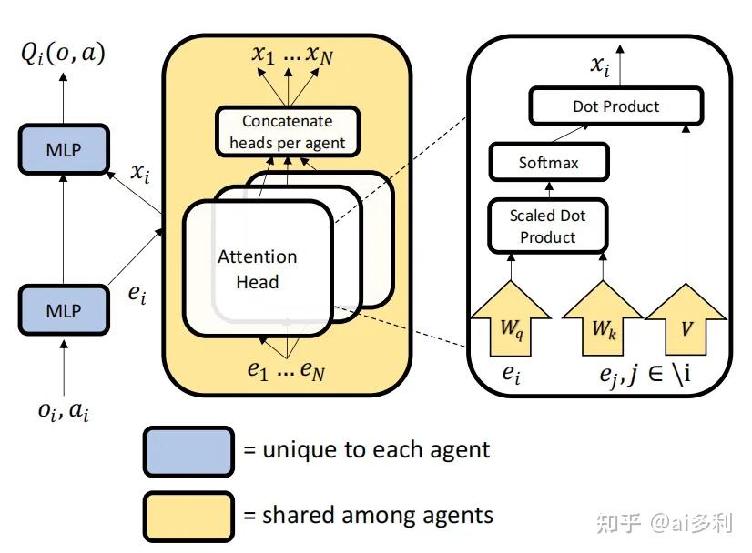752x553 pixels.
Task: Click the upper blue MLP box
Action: coord(64,149)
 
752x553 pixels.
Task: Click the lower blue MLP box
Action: coord(64,310)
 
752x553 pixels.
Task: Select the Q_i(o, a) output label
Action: coord(63,54)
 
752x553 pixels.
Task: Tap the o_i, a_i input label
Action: coord(64,411)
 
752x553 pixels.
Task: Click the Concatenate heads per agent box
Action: coord(288,132)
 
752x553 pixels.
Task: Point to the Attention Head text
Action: coord(258,269)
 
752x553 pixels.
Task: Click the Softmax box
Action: coord(549,162)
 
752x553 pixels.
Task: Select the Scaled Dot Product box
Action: coord(548,226)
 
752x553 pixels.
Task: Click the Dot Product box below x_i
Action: coord(616,106)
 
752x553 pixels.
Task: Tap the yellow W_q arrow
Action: coord(511,319)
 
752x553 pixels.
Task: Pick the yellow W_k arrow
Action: coord(603,319)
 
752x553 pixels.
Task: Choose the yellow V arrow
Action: coord(686,320)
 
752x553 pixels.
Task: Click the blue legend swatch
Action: coord(189,451)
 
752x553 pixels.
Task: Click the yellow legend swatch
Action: coord(189,517)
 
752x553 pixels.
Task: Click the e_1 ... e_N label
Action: coord(286,370)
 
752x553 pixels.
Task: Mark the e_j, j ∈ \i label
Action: coord(645,374)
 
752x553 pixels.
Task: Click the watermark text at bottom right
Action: coord(666,523)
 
